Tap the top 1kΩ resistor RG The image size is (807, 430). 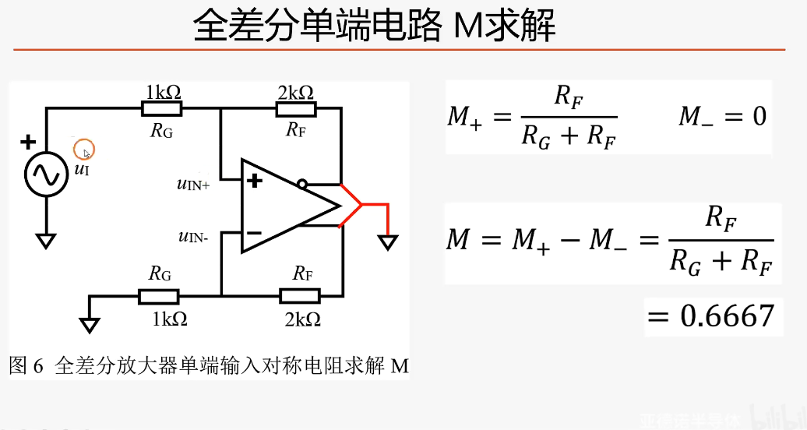pyautogui.click(x=162, y=109)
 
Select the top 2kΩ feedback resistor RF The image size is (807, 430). pyautogui.click(x=296, y=109)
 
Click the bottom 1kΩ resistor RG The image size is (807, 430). pyautogui.click(x=159, y=296)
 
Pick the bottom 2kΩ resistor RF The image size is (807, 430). pyautogui.click(x=300, y=296)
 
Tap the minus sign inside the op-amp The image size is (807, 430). pyautogui.click(x=254, y=232)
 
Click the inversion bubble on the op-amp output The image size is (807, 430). pyautogui.click(x=301, y=184)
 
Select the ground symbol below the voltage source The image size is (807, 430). pyautogui.click(x=46, y=240)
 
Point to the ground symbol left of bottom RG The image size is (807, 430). pyautogui.click(x=90, y=323)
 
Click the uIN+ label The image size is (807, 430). pyautogui.click(x=193, y=185)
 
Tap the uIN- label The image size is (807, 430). pyautogui.click(x=193, y=236)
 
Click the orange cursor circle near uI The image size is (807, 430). pyautogui.click(x=85, y=150)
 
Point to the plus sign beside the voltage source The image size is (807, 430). pyautogui.click(x=28, y=142)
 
